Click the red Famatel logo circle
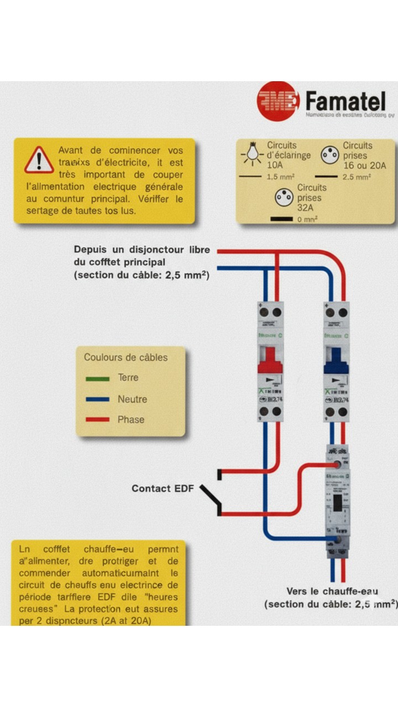(x=278, y=101)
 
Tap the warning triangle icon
(x=39, y=160)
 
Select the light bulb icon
(x=253, y=153)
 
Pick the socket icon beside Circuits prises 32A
(x=284, y=198)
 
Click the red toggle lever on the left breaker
(x=271, y=361)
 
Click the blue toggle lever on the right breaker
(x=336, y=361)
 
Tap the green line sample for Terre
(x=98, y=379)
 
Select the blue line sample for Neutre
(x=98, y=399)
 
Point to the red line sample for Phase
(x=98, y=420)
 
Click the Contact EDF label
(x=163, y=489)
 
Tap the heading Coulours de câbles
(x=125, y=357)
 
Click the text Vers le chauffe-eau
(x=332, y=592)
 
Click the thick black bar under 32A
(x=281, y=219)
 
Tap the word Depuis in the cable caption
(x=91, y=250)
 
